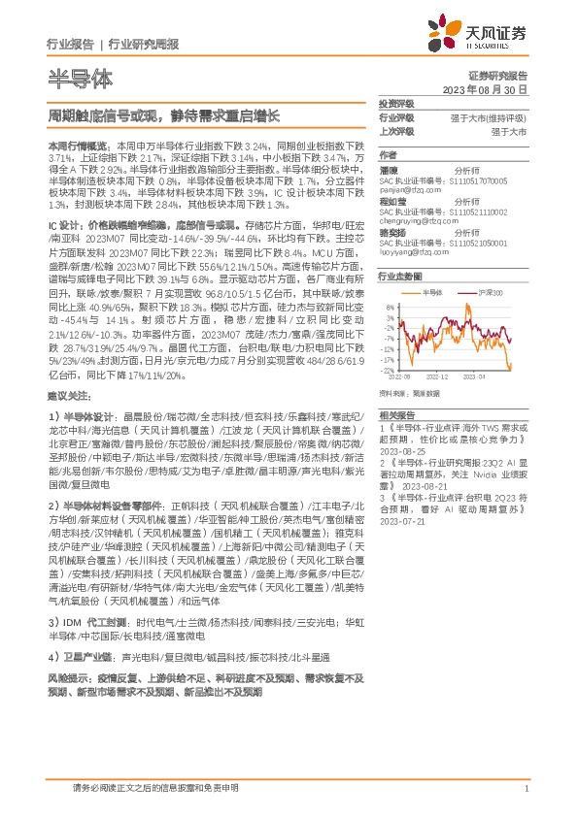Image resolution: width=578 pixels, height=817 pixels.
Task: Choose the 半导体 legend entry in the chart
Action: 433,292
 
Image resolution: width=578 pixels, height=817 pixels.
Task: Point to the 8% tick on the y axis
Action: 389,306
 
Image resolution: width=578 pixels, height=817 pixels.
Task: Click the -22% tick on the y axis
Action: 387,370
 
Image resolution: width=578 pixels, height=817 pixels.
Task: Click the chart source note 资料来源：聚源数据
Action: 410,394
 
